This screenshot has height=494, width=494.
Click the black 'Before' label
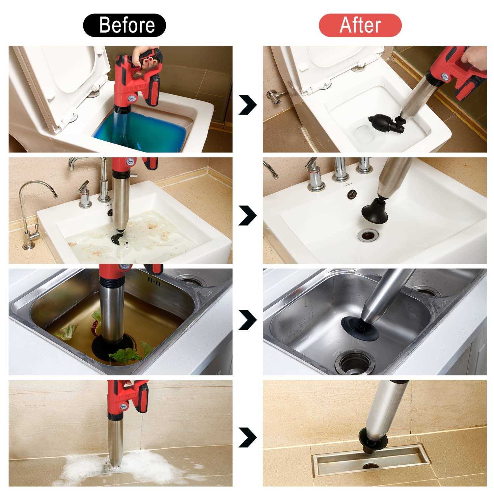(124, 25)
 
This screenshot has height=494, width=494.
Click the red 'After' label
(360, 25)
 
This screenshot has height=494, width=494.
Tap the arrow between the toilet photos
(247, 104)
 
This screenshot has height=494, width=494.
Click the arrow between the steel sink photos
(247, 319)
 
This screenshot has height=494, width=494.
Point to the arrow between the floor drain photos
(247, 437)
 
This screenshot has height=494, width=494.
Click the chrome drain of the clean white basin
(366, 235)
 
